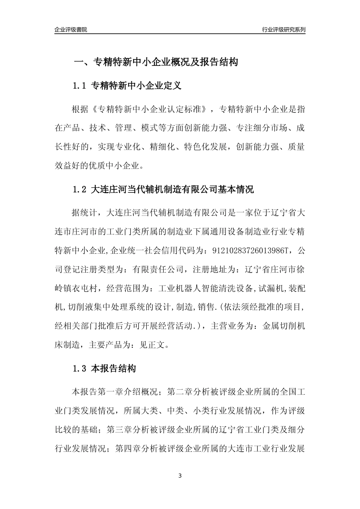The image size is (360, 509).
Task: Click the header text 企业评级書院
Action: (x=71, y=30)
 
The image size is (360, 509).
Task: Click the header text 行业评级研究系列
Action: (x=283, y=30)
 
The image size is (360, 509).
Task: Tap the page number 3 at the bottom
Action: (x=180, y=476)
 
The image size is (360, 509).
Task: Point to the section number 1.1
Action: (x=80, y=86)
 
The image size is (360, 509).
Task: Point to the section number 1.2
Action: (x=80, y=189)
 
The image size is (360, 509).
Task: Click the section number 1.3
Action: (x=80, y=368)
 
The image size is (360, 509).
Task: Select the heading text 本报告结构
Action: (x=114, y=368)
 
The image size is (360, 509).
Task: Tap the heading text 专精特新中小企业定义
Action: (x=136, y=86)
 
